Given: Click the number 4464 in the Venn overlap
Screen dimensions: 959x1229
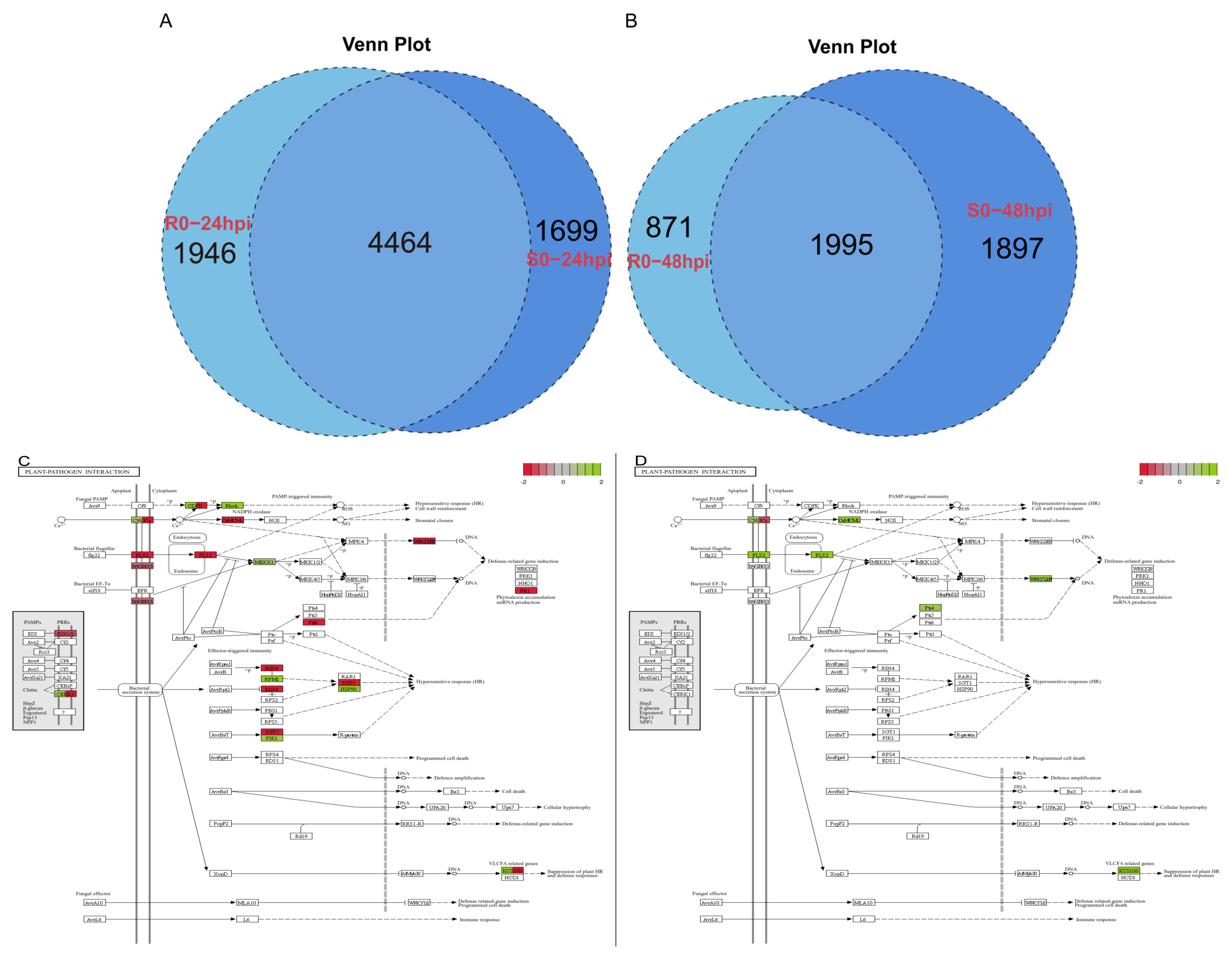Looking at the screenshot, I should pos(399,242).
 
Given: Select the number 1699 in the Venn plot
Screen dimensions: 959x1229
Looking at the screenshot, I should pos(566,230).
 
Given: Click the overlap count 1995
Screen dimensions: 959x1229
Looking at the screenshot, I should pos(841,245).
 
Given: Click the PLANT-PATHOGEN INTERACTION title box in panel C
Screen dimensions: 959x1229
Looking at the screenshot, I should pos(79,472).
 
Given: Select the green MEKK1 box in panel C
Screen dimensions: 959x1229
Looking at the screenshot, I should pos(264,562).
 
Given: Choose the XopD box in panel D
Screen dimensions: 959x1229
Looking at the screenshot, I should pos(837,873).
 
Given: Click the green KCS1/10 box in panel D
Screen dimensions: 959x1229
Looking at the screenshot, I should pos(1128,870).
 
